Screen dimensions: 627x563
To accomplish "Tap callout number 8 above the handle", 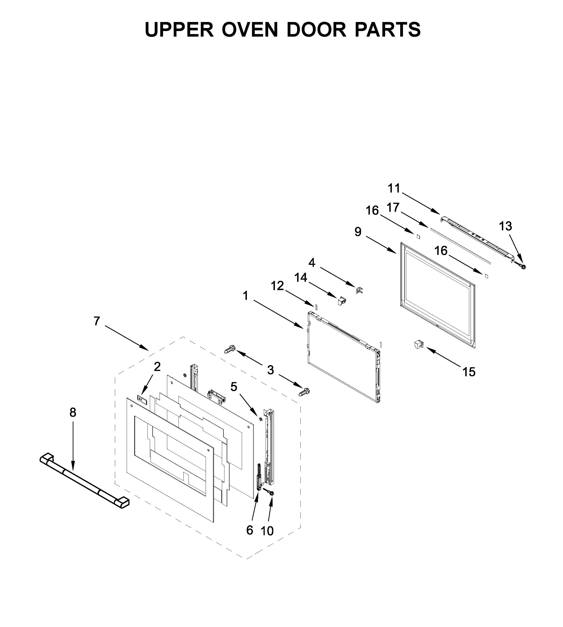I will point(73,412).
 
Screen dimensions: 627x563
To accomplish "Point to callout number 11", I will point(394,188).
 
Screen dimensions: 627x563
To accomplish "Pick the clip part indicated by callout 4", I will point(359,291).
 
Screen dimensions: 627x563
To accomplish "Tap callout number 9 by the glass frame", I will point(358,232).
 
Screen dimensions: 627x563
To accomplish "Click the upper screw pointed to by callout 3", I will point(230,350).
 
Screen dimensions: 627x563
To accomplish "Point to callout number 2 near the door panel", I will point(157,367).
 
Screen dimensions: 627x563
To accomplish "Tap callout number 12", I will point(277,286).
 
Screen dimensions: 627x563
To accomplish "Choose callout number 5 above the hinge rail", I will point(234,387).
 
